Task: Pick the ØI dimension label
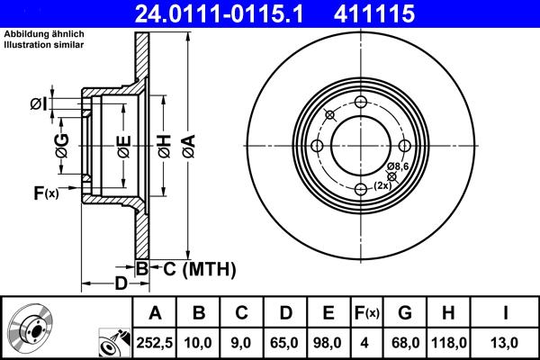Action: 40,105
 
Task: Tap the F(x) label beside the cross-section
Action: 45,193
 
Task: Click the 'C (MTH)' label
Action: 199,268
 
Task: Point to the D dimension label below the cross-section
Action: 120,285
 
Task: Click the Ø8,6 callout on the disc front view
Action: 400,167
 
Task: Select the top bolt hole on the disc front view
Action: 361,102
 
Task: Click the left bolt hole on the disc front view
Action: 318,146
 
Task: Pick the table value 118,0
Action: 448,342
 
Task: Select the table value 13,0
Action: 505,342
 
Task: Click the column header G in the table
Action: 405,314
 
